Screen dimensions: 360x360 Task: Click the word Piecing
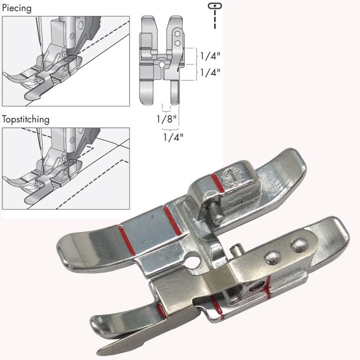coord(17,8)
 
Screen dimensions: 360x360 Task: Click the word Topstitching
coord(26,119)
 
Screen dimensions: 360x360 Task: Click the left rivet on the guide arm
coord(272,256)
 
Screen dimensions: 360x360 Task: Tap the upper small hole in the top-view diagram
coord(177,34)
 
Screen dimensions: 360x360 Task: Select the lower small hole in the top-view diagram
coord(177,43)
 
